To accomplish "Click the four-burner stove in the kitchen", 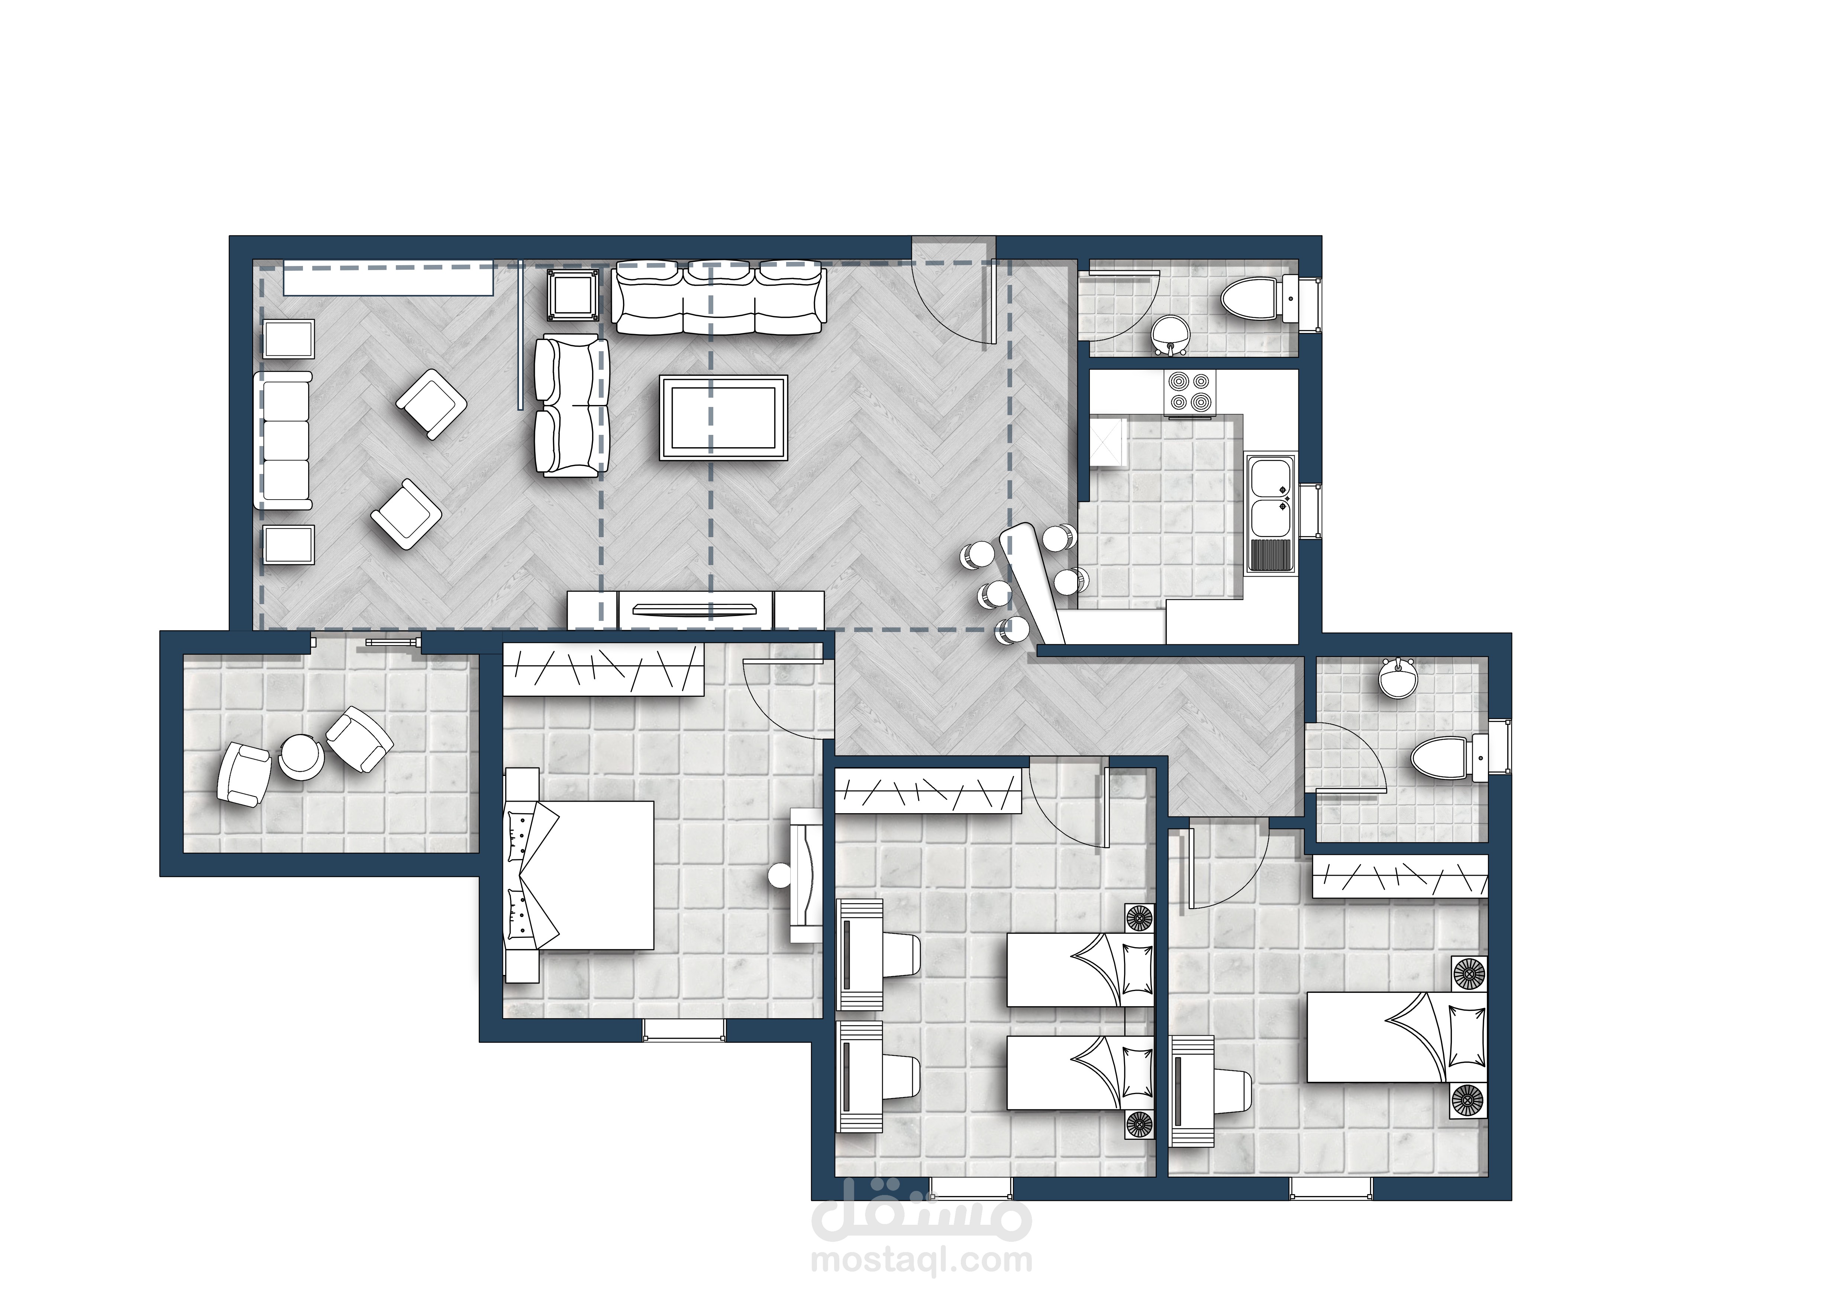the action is coord(1189,394).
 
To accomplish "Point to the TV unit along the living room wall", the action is coord(695,610).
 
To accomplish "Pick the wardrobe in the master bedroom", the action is coord(603,668).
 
